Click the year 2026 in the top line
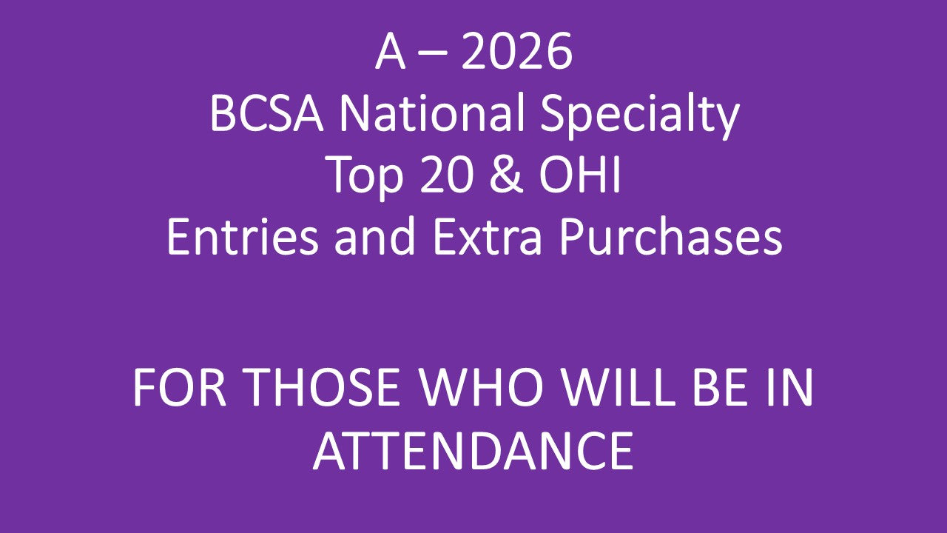[x=517, y=53]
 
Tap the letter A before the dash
[x=391, y=53]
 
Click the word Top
[x=360, y=178]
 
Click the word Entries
[x=247, y=238]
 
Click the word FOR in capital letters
[x=181, y=388]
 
